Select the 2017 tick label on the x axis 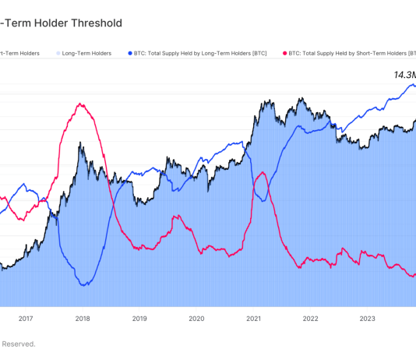point(26,318)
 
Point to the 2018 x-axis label point(83,318)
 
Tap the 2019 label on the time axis point(139,318)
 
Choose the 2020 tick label point(196,318)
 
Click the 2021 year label point(253,318)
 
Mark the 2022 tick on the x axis point(310,318)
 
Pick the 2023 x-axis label point(367,318)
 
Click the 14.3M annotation point(403,76)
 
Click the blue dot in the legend point(129,53)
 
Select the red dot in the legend point(284,53)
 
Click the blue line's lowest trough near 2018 point(84,284)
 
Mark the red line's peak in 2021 point(263,172)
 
